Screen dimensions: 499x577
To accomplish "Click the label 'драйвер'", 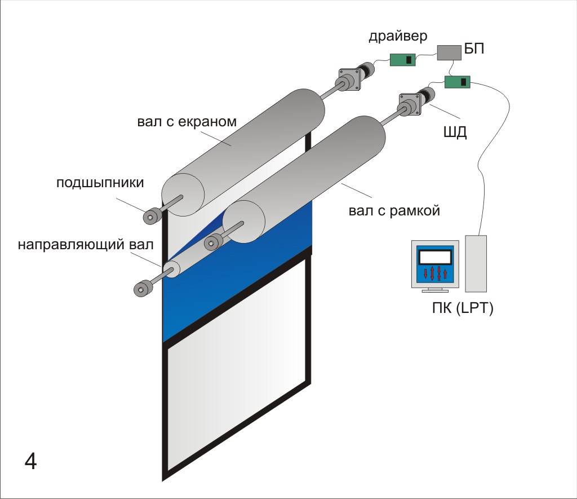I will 398,37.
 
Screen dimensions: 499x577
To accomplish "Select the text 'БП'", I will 474,50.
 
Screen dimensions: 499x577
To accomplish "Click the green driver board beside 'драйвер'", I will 404,59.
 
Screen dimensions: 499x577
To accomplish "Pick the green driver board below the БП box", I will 457,82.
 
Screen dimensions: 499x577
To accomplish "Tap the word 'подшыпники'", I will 100,182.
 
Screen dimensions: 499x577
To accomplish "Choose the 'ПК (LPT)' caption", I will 459,309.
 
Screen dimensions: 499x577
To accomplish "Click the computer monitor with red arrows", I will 436,265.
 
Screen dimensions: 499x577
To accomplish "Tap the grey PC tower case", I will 476,263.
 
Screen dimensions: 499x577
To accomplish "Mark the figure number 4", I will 30,462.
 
